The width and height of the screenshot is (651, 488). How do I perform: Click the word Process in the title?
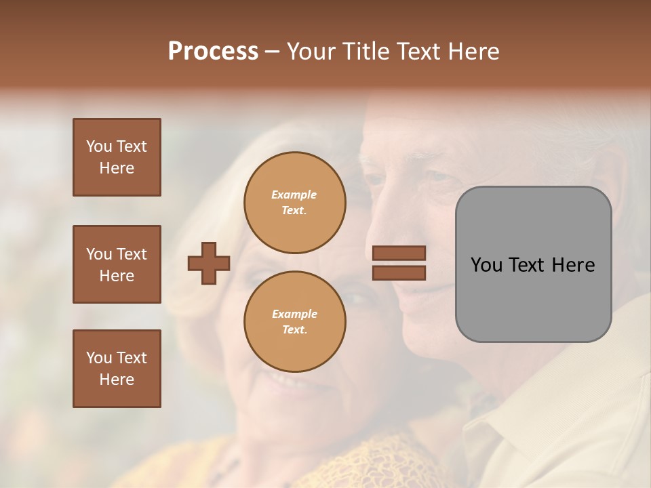(x=213, y=52)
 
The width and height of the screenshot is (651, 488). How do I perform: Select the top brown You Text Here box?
(x=117, y=157)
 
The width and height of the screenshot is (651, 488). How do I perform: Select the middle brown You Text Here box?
(x=117, y=264)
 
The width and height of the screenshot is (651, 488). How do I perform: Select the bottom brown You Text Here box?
(x=117, y=369)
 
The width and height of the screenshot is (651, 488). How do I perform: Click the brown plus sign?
(x=209, y=263)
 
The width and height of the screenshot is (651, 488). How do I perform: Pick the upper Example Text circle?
(x=294, y=203)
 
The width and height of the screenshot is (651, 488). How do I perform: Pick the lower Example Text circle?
(x=294, y=322)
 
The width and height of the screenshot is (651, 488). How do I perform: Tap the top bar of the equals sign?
(x=399, y=253)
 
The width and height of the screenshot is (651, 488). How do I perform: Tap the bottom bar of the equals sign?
(x=399, y=272)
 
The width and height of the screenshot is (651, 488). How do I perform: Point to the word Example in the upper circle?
(x=294, y=195)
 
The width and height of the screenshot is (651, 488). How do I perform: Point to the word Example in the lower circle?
(x=294, y=314)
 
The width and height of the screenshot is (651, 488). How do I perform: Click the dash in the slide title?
(x=272, y=52)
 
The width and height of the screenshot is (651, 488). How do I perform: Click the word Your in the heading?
(x=311, y=52)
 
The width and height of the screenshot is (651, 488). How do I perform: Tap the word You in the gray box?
(x=486, y=265)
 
